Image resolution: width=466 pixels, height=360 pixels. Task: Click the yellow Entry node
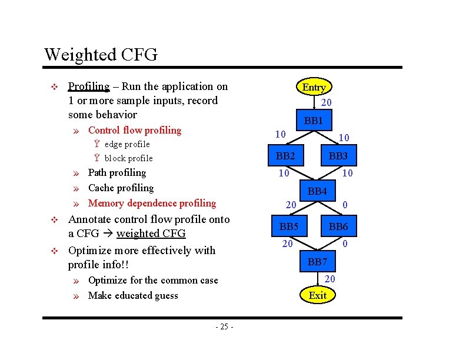pos(314,87)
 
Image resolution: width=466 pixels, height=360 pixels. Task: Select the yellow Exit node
pos(317,295)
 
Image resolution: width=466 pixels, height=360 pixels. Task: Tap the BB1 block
pos(314,121)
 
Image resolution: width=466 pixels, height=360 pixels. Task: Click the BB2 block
pos(285,156)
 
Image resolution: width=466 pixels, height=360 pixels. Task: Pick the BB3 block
pos(338,156)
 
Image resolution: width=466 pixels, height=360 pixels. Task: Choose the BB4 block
pos(317,191)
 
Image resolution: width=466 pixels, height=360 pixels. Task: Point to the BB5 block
pos(289,226)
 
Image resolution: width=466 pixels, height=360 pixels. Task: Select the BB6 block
pos(338,226)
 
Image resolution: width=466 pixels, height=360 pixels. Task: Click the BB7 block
pos(317,261)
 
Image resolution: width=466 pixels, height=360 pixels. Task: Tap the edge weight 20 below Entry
pos(326,102)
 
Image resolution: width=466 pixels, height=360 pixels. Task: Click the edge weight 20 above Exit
pos(329,278)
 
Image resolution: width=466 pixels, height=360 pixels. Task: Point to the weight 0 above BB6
pos(345,205)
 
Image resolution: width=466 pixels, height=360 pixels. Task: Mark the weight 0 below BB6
pos(345,243)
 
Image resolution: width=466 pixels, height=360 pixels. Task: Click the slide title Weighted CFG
pos(101,55)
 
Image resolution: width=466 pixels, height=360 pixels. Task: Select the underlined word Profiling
pos(89,86)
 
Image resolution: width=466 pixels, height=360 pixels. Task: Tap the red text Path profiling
pos(116,172)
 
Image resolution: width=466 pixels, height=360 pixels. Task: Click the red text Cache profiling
pos(121,188)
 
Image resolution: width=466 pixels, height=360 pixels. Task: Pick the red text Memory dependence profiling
pos(152,203)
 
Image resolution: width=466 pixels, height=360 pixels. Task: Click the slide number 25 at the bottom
pos(224,326)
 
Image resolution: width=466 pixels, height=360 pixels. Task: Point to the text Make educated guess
pos(133,295)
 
